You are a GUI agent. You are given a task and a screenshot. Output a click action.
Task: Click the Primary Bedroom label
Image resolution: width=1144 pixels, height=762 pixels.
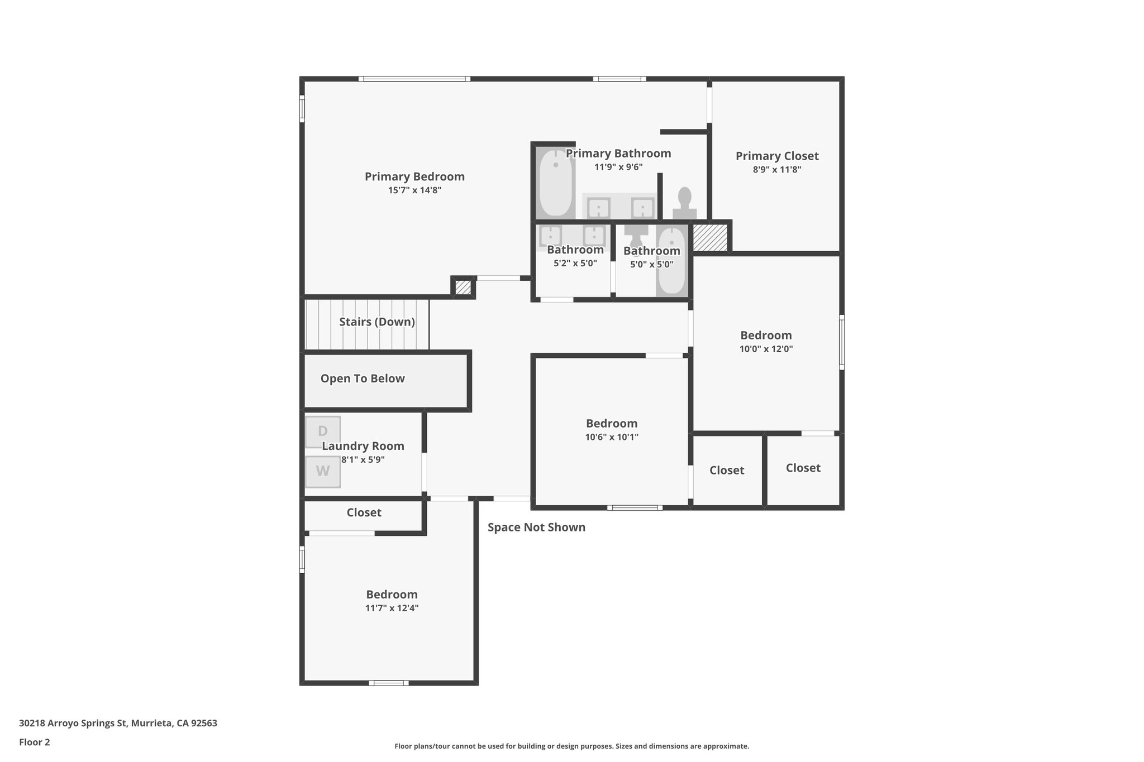click(x=414, y=176)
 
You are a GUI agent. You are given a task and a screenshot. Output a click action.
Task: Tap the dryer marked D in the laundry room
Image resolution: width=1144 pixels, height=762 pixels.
click(x=322, y=431)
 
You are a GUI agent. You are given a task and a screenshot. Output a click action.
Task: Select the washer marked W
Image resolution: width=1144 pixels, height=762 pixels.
click(x=322, y=472)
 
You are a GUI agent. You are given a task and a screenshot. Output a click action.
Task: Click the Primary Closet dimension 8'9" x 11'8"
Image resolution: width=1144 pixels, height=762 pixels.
click(x=776, y=170)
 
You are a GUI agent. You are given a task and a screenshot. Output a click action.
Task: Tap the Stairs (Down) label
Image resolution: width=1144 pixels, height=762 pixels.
click(x=376, y=322)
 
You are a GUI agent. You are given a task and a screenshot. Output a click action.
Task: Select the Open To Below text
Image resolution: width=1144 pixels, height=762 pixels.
click(x=362, y=378)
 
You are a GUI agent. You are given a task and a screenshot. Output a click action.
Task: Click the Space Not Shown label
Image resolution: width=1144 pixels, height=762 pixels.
click(x=536, y=528)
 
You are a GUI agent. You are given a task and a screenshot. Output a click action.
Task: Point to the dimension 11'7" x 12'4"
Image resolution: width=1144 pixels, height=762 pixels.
click(x=392, y=608)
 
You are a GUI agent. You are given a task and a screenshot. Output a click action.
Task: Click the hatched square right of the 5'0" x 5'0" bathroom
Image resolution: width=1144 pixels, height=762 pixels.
click(x=710, y=237)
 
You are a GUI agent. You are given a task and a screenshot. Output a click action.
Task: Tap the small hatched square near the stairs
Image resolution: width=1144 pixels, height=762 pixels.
click(x=463, y=287)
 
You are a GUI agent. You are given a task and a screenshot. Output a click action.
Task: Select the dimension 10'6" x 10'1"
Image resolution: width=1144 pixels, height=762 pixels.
click(x=612, y=437)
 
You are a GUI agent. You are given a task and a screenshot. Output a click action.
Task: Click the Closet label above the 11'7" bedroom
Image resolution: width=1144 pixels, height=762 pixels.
click(x=364, y=512)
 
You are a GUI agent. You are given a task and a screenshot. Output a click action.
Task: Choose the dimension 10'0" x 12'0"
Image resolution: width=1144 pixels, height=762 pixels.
click(x=766, y=349)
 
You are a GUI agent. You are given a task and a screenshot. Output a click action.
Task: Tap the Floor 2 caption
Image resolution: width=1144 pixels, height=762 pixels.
click(x=34, y=742)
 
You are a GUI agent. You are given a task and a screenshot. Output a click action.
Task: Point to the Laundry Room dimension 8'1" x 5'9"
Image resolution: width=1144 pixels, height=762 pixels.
click(x=363, y=459)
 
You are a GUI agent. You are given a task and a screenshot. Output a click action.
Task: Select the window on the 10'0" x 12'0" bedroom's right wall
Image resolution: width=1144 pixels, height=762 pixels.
click(x=842, y=342)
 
